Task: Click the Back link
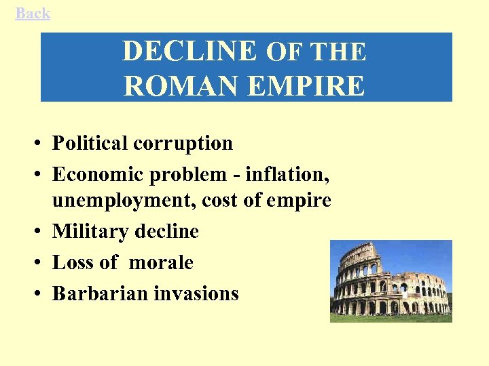tap(33, 13)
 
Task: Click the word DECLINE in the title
tap(189, 52)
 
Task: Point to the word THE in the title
tap(338, 52)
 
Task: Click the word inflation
tap(287, 174)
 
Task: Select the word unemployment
tap(112, 201)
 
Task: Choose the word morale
tap(165, 262)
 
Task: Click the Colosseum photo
tap(391, 281)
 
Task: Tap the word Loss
tap(71, 262)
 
